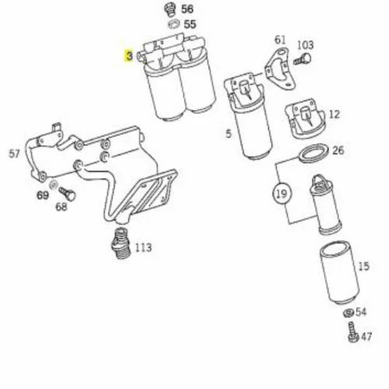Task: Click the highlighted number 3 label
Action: (x=129, y=56)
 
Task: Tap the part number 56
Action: (x=187, y=9)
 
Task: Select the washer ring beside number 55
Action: (x=173, y=24)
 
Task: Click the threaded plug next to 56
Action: (x=170, y=9)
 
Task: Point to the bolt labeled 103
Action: (x=303, y=59)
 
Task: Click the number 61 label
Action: (x=280, y=40)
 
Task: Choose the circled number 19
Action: (x=282, y=194)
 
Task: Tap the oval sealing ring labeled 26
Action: (x=313, y=153)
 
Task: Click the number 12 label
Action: (x=335, y=114)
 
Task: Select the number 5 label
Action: (x=228, y=134)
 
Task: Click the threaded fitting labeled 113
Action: (x=120, y=243)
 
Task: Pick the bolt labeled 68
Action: (x=67, y=194)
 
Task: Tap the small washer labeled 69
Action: (x=54, y=184)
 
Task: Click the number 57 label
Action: (x=14, y=154)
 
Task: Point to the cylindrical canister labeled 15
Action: (x=339, y=273)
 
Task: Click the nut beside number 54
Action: (x=349, y=313)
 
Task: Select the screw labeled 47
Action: (x=352, y=332)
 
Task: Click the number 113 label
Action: (x=143, y=247)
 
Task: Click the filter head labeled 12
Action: (x=305, y=118)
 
